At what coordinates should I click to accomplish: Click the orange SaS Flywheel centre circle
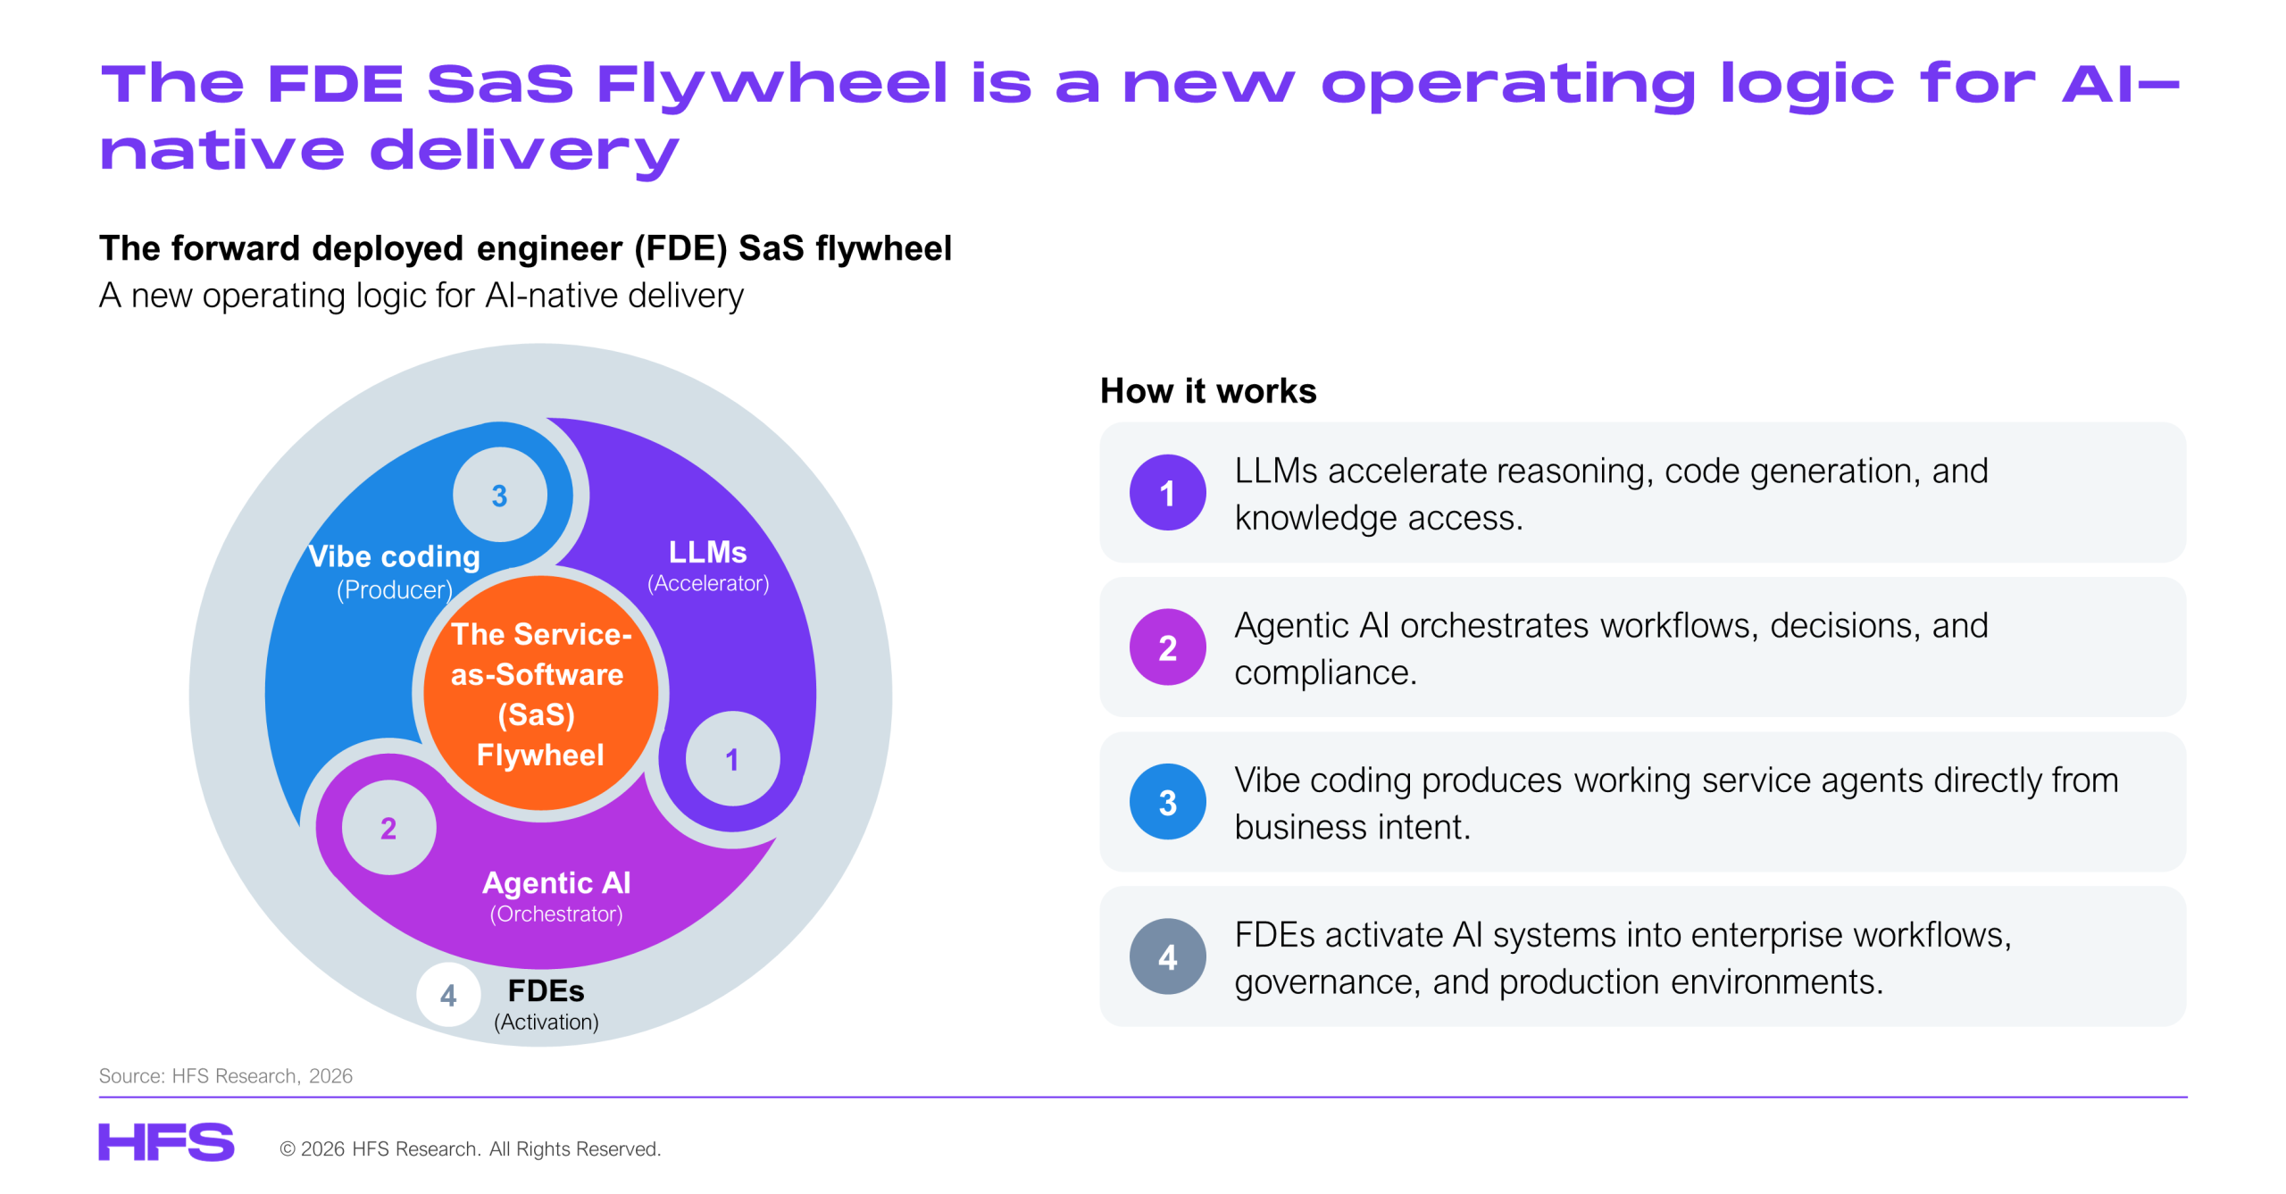(540, 693)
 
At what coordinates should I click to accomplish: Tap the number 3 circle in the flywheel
(500, 495)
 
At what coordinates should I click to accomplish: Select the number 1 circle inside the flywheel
(732, 759)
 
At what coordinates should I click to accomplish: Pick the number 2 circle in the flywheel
(388, 828)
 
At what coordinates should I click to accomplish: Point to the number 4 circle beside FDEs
(448, 995)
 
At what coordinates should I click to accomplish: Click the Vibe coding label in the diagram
(394, 556)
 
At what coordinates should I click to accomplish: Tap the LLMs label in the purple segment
(708, 552)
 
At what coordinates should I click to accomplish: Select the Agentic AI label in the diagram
(556, 882)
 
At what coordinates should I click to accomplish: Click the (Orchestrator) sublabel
(556, 914)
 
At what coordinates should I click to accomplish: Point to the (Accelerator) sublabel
(708, 583)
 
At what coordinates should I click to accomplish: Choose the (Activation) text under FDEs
(546, 1022)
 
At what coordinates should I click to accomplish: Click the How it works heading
(1208, 391)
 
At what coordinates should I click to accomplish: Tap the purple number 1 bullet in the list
(1167, 493)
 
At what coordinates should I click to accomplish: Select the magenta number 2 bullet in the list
(1167, 647)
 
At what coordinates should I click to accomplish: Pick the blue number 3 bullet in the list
(1167, 802)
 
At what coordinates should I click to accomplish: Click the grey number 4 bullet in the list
(1167, 956)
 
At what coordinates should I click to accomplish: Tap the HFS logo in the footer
(166, 1142)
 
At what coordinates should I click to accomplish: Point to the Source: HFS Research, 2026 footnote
(226, 1076)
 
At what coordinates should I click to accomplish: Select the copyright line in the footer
(471, 1148)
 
